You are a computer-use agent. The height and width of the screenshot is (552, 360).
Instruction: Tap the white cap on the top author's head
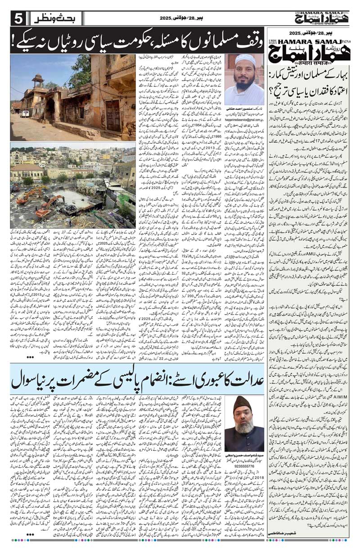(x=245, y=59)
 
